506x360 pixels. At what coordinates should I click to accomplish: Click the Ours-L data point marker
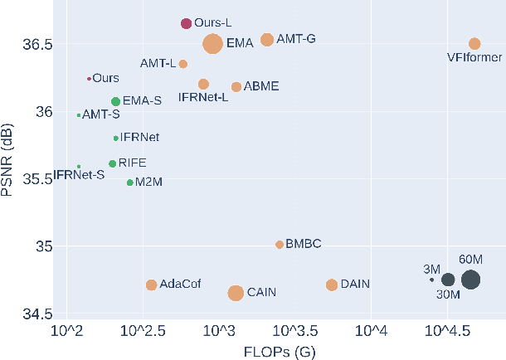click(x=187, y=24)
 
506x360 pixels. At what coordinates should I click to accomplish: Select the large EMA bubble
click(x=212, y=45)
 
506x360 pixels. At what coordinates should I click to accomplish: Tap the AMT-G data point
click(x=267, y=40)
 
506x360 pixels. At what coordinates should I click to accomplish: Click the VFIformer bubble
click(x=474, y=43)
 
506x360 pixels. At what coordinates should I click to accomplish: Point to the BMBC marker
click(x=280, y=245)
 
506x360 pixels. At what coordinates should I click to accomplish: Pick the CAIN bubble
click(x=236, y=293)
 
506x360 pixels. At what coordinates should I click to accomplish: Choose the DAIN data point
click(x=332, y=285)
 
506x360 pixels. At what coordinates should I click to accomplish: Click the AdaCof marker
click(x=151, y=285)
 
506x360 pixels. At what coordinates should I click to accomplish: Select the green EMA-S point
click(x=116, y=101)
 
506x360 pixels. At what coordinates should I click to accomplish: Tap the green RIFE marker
click(x=112, y=163)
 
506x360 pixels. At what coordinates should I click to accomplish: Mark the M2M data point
click(x=129, y=182)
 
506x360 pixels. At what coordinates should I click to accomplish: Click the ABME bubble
click(x=236, y=87)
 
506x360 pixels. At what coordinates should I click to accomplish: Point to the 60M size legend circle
click(x=470, y=280)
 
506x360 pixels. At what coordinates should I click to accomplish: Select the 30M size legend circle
click(x=448, y=280)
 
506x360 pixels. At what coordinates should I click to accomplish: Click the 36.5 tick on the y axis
click(x=40, y=44)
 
